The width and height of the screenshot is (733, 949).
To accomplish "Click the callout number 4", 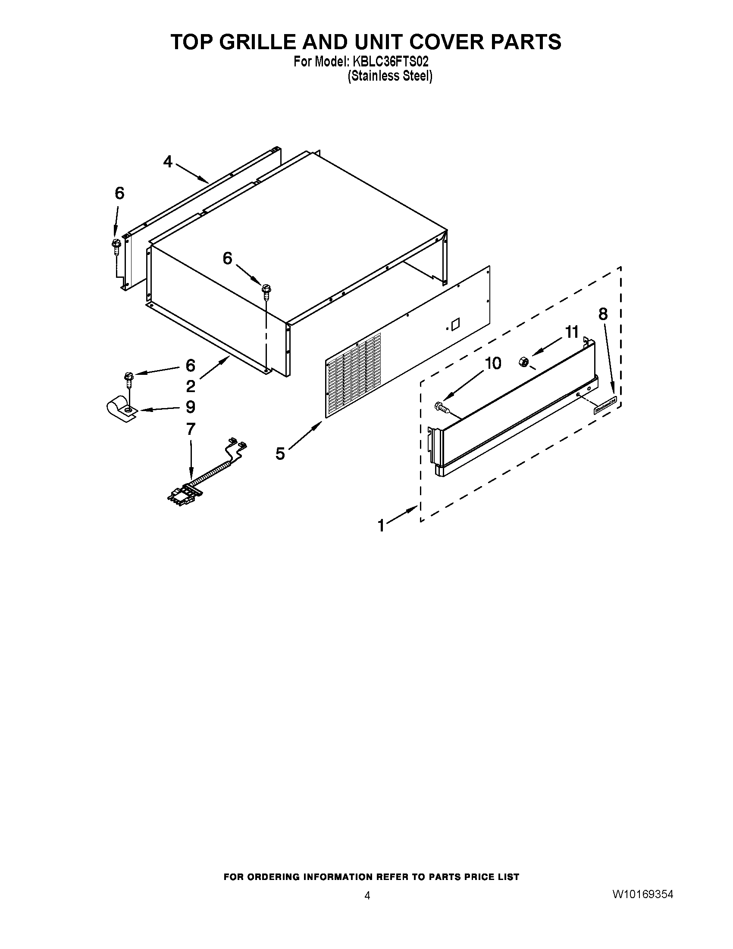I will coord(168,162).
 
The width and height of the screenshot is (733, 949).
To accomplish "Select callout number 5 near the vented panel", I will coord(280,454).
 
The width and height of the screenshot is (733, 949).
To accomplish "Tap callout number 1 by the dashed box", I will coord(381,526).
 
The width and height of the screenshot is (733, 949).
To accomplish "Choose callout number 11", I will coord(572,332).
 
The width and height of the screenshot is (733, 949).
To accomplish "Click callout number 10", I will coord(493,363).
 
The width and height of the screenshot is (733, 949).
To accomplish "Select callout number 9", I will coord(190,407).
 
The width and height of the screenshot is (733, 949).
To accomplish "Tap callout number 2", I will coord(190,386).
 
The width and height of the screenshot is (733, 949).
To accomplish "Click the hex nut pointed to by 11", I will coord(523,361).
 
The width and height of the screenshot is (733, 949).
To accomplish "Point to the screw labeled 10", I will coord(440,407).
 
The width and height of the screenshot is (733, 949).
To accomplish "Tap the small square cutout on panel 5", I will coord(455,324).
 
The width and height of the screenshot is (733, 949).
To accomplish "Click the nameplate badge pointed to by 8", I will coord(605,407).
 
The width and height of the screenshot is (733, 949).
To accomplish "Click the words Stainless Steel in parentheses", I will coord(389,76).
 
